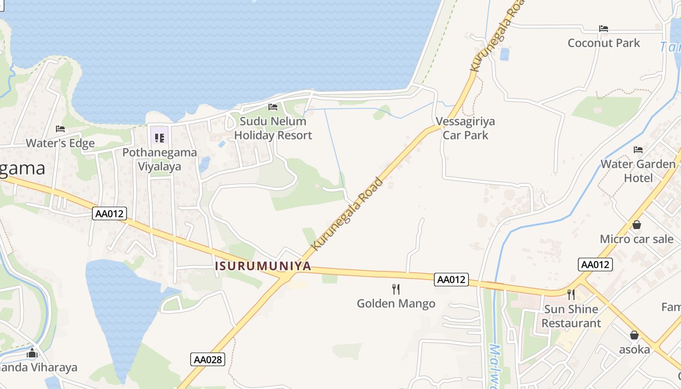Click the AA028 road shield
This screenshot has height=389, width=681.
(208, 359)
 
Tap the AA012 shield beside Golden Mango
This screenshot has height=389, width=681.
(451, 280)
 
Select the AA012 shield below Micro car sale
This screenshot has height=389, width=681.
(595, 265)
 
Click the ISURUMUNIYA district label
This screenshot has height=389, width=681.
(263, 266)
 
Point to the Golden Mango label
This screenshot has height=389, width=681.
(396, 304)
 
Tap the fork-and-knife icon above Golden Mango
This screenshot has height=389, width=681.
(396, 289)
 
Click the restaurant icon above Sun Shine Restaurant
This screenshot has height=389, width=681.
(571, 294)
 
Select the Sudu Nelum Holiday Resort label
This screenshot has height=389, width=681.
(273, 128)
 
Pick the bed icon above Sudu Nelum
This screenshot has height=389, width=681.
(273, 106)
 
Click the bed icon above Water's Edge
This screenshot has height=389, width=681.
(60, 128)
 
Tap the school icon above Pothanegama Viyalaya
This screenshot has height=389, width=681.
(160, 138)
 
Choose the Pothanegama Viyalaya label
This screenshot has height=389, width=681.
(160, 159)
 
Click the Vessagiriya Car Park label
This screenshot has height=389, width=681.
(465, 128)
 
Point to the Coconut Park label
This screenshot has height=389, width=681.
(604, 43)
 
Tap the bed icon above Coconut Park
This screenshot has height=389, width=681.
(604, 28)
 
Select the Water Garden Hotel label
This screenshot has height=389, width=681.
(638, 171)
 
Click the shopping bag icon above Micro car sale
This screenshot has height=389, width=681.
(636, 225)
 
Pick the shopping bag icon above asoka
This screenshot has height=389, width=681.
(634, 335)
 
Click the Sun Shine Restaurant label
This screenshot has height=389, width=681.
(571, 316)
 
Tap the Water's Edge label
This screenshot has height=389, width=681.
(60, 143)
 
